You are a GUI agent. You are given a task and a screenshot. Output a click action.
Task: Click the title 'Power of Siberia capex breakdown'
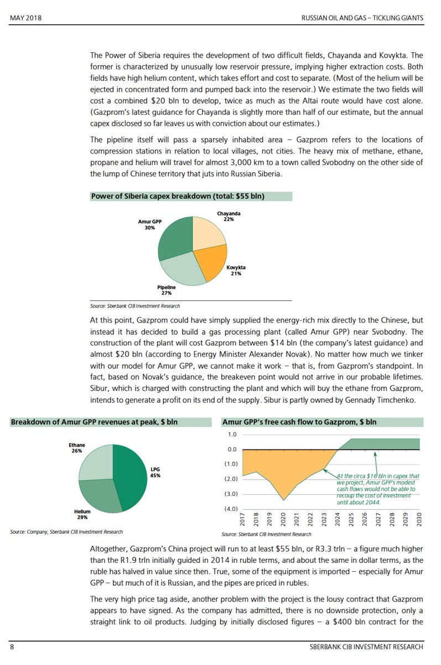tap(178, 196)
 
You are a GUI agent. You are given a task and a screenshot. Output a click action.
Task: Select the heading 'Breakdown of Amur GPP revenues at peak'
tap(94, 422)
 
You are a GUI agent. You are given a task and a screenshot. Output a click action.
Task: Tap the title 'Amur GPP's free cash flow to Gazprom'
tap(299, 422)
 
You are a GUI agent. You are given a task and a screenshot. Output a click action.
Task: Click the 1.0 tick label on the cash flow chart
tap(232, 434)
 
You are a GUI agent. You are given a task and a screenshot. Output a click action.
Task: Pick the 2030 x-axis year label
tap(419, 519)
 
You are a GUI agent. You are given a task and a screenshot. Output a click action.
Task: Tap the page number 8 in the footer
tap(12, 647)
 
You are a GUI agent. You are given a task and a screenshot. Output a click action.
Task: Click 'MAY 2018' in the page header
tap(25, 18)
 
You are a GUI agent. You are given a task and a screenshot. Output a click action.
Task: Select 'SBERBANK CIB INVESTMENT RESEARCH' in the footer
tap(366, 647)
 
